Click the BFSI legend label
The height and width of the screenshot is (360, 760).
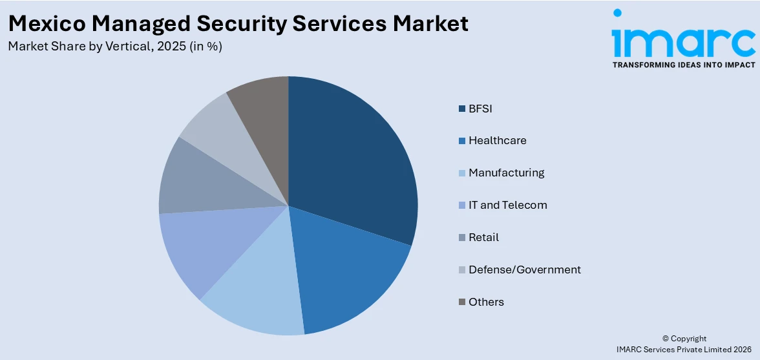[x=480, y=109]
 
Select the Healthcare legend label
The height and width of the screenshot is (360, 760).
[x=497, y=140]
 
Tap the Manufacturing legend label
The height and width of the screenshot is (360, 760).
[x=506, y=173]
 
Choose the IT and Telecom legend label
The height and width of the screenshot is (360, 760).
[x=507, y=205]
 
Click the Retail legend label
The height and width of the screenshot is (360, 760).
[x=483, y=237]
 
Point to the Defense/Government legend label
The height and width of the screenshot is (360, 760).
[x=524, y=270]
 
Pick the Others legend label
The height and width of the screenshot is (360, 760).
[x=486, y=302]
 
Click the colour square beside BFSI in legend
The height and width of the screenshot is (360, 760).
[x=461, y=109]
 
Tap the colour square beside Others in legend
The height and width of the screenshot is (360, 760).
[x=461, y=302]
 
